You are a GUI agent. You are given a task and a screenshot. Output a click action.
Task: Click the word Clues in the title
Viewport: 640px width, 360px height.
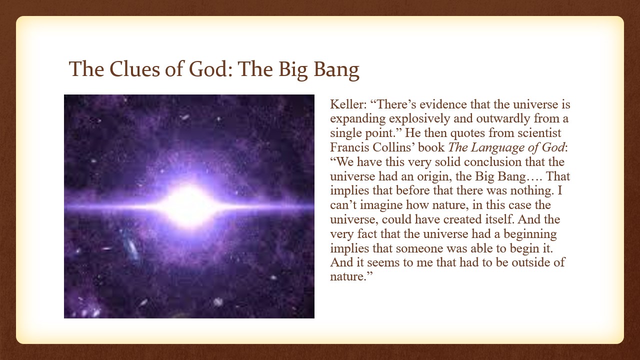[x=134, y=69]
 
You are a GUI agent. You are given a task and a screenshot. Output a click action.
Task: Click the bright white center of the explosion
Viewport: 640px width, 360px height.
[x=188, y=205]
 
